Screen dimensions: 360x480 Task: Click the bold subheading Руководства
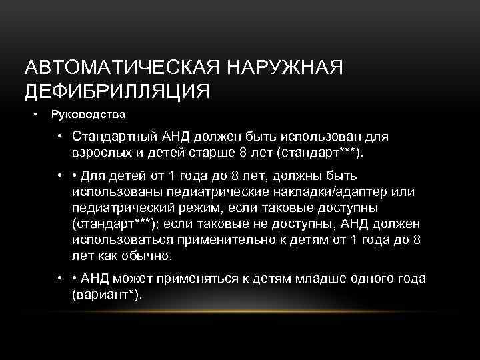pyautogui.click(x=89, y=115)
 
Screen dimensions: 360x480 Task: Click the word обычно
pyautogui.click(x=148, y=255)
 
